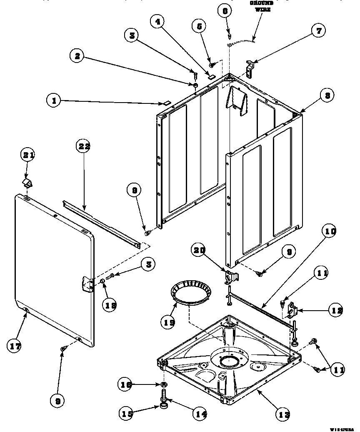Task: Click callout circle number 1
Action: [x=53, y=100]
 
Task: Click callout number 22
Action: [x=85, y=146]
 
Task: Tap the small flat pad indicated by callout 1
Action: [x=165, y=102]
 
